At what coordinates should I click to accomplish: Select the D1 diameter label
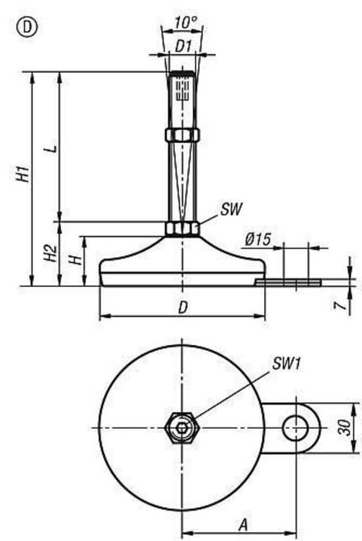[x=183, y=45]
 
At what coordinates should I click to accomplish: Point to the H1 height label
[x=23, y=174]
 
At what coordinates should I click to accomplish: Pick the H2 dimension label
[x=50, y=254]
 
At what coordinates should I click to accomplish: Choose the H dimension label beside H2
[x=74, y=260]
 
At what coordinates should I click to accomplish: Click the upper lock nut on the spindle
[x=182, y=134]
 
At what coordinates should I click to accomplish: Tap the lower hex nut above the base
[x=182, y=228]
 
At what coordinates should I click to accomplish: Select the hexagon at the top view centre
[x=181, y=428]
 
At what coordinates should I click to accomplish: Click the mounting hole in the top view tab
[x=293, y=428]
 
